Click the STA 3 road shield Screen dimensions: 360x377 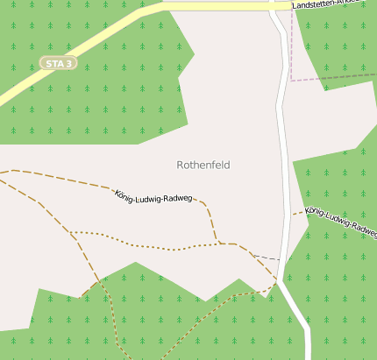click(x=59, y=63)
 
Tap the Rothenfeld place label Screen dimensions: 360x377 click(x=203, y=165)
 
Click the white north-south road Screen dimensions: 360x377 click(x=285, y=158)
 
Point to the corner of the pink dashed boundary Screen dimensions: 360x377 click(x=290, y=80)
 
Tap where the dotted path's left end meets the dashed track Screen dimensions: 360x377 click(x=70, y=232)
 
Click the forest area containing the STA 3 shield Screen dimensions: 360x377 click(x=88, y=96)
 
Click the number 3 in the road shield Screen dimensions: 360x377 click(x=69, y=63)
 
